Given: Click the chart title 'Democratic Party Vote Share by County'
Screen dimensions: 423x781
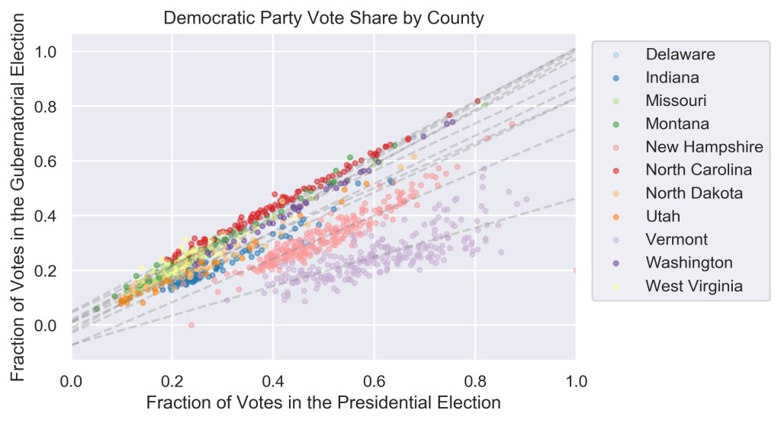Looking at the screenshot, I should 324,18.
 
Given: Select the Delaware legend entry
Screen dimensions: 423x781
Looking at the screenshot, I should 680,54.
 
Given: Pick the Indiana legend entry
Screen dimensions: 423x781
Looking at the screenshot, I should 672,77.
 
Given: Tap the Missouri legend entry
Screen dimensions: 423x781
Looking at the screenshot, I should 676,101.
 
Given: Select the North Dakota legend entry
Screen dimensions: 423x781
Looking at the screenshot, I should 693,193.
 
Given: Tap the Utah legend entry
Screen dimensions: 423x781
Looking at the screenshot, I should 663,216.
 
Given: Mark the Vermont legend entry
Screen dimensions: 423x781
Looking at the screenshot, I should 677,239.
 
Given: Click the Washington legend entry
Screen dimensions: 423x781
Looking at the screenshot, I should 689,263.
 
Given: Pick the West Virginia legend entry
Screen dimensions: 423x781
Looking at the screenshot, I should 693,286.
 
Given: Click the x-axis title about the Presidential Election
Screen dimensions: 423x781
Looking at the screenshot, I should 323,402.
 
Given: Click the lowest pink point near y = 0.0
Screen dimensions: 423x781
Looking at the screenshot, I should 191,325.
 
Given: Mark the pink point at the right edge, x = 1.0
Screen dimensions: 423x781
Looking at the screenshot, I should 574,271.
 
